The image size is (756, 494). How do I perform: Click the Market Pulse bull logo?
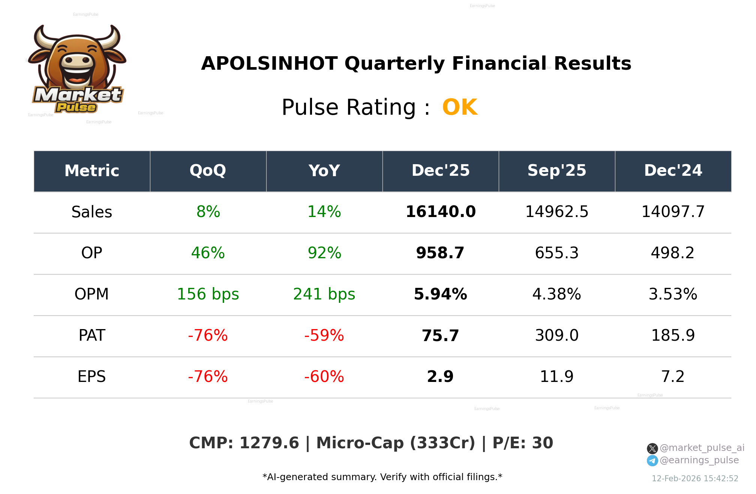[77, 69]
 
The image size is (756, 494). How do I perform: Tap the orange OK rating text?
[459, 108]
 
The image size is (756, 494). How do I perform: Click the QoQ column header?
[208, 171]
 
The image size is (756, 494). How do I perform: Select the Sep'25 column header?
[556, 171]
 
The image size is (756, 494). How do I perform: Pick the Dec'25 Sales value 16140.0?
[440, 212]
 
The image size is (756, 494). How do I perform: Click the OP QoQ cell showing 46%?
[208, 253]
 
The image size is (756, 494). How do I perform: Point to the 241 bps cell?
[324, 295]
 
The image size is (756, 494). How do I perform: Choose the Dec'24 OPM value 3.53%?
[673, 295]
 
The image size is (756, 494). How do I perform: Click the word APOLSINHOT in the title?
[269, 64]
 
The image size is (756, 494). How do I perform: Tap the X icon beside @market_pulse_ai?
[652, 449]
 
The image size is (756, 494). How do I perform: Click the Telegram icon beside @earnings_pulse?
[652, 461]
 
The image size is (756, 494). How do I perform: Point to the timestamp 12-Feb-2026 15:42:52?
[694, 479]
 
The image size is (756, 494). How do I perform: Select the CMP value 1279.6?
[269, 443]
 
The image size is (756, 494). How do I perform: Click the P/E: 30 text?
[522, 443]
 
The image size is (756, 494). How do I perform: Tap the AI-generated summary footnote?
[382, 477]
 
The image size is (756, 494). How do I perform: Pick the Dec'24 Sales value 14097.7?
[673, 212]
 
